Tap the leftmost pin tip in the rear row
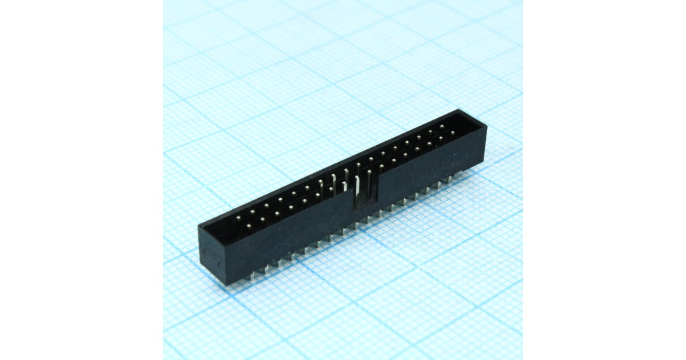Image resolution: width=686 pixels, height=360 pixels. click(238, 218)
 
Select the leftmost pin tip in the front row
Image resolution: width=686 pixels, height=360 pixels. click(249, 227)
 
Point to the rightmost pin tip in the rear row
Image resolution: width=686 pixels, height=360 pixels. click(442, 126)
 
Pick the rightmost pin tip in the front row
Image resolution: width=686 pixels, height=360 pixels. click(452, 133)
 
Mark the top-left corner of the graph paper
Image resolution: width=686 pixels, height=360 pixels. click(164, 1)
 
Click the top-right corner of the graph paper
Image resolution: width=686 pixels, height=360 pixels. click(521, 1)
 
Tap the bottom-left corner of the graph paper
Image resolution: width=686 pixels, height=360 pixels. click(164, 358)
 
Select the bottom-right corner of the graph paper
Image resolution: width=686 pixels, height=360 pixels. click(521, 358)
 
